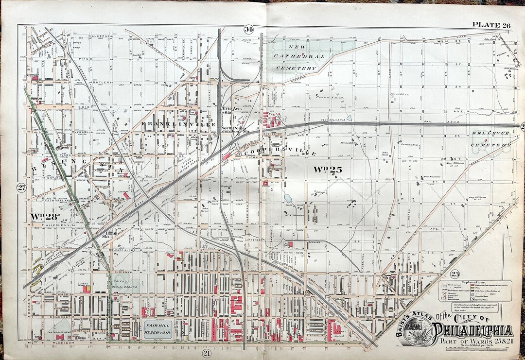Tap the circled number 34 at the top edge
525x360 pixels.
(249, 29)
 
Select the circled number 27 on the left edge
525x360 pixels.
(21, 189)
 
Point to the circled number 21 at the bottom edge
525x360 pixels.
(207, 353)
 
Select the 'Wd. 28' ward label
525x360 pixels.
(44, 216)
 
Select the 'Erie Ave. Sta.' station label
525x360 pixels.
(228, 110)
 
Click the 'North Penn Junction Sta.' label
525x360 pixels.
(235, 130)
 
